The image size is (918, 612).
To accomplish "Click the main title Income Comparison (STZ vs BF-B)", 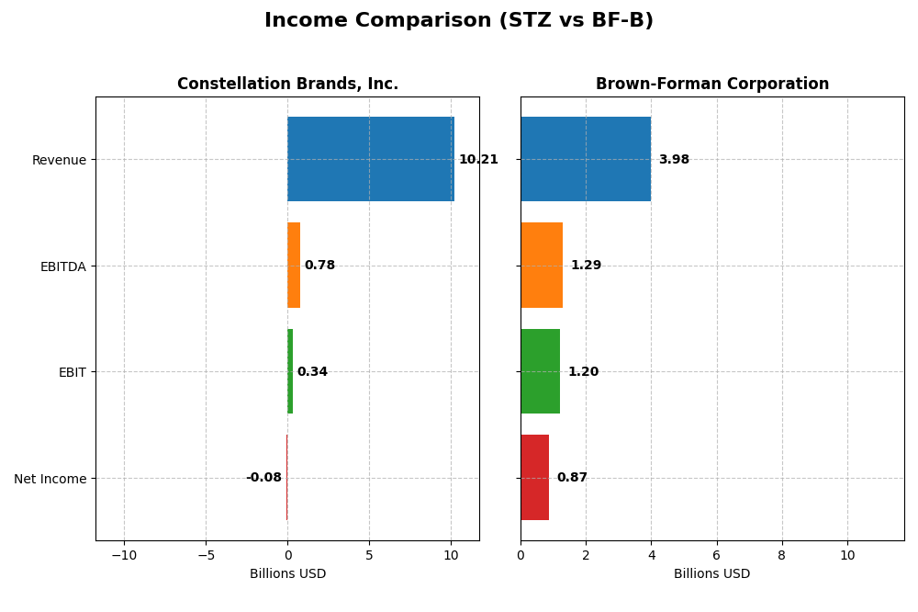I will coord(458,21).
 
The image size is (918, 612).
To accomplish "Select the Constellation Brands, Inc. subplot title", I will coord(287,85).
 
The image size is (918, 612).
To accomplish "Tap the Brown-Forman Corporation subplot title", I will coord(711,85).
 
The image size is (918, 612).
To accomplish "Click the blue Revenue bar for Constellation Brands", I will coord(370,159).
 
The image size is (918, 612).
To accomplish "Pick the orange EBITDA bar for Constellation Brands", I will coord(294,266).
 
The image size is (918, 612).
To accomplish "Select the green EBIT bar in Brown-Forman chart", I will coord(540,371).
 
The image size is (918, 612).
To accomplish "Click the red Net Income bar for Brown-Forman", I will coord(534,478).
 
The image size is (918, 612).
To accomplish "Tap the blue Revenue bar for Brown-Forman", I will coord(586,159).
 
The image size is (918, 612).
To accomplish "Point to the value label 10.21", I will coord(478,160).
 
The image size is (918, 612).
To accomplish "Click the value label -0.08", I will coord(263,478).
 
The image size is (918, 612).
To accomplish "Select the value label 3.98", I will coord(674,160).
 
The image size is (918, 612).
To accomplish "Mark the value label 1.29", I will coord(586,266).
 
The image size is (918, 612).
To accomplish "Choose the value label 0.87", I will coord(572,478).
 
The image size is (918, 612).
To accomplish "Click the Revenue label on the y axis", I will coord(59,161).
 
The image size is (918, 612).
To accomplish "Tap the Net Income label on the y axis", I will coord(50,479).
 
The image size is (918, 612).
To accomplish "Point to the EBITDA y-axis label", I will coord(62,266).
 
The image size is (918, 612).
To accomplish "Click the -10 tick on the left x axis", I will coord(124,555).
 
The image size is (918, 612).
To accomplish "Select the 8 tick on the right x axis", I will coord(782,555).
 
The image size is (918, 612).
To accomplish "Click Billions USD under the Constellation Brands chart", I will coord(287,574).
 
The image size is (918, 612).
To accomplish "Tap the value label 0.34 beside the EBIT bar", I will coord(312,372).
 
